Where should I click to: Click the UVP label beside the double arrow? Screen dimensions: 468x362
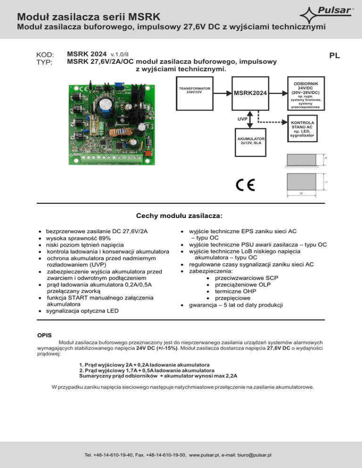pyautogui.click(x=242, y=119)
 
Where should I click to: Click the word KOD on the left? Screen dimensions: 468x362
pyautogui.click(x=46, y=55)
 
